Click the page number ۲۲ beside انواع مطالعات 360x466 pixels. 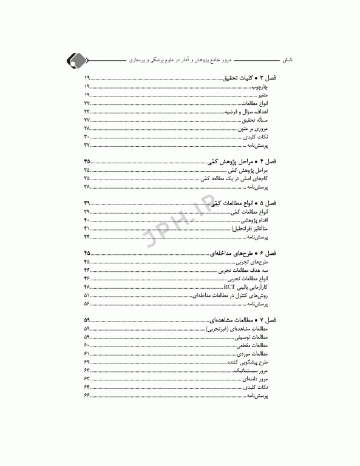87,104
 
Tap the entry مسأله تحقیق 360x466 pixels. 261,121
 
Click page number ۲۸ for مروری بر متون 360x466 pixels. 87,129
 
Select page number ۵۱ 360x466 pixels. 87,294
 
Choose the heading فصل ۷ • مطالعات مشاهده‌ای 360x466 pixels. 243,319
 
